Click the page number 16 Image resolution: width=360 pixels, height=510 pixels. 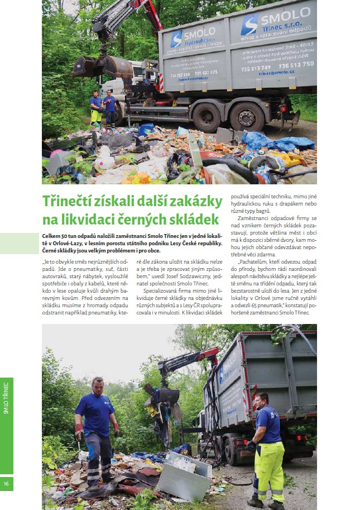click(x=6, y=483)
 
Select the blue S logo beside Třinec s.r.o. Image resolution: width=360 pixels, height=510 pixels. click(x=249, y=25)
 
